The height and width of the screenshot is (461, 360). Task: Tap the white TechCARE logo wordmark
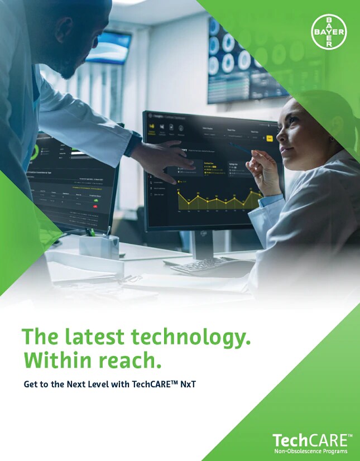point(312,440)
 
